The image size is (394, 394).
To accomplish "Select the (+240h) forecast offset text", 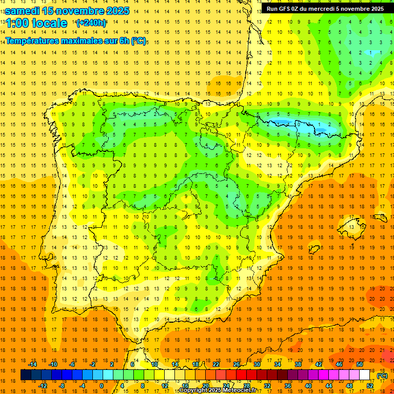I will pyautogui.click(x=91, y=23).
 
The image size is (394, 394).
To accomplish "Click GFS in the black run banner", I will pyautogui.click(x=287, y=9).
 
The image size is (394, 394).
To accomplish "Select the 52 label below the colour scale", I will pyautogui.click(x=370, y=385).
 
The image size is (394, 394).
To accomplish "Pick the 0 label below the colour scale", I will pyautogui.click(x=101, y=385).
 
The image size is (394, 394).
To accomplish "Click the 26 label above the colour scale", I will pyautogui.click(x=237, y=364).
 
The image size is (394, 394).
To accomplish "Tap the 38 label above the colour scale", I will pyautogui.click(x=298, y=364).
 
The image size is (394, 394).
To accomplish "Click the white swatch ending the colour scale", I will pyautogui.click(x=365, y=375).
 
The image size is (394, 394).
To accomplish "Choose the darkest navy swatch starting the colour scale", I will pyautogui.click(x=26, y=375).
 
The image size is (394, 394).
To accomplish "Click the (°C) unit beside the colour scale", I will pyautogui.click(x=382, y=375).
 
